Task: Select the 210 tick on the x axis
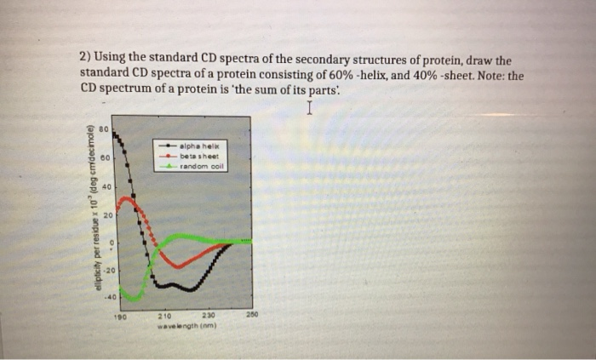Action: (x=167, y=314)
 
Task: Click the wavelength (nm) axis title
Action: (x=185, y=323)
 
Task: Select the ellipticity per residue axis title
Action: (x=88, y=209)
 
